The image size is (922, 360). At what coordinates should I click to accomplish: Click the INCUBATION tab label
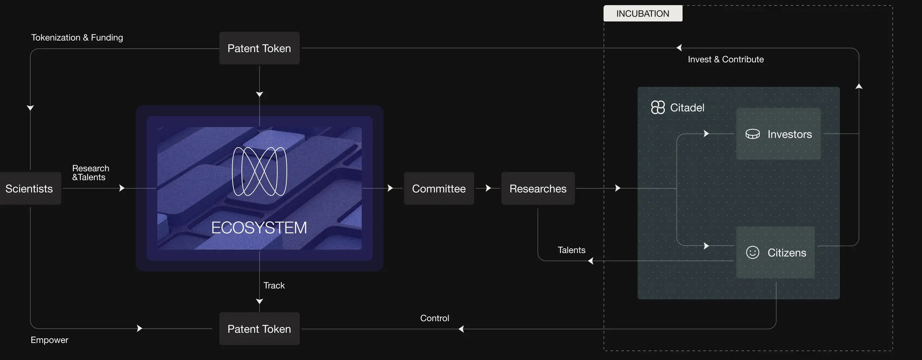pyautogui.click(x=642, y=14)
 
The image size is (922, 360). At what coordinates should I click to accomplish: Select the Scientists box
pyautogui.click(x=29, y=189)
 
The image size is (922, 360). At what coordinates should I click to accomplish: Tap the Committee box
pyautogui.click(x=439, y=189)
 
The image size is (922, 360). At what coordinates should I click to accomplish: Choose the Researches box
pyautogui.click(x=537, y=189)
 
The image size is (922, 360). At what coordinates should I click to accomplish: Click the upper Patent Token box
pyautogui.click(x=259, y=48)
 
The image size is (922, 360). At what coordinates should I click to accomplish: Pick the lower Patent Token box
pyautogui.click(x=259, y=329)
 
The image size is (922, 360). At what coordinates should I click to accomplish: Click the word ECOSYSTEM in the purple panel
pyautogui.click(x=259, y=228)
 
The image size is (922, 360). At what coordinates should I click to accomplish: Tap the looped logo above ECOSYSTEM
pyautogui.click(x=260, y=171)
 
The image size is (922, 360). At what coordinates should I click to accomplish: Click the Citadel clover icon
pyautogui.click(x=657, y=107)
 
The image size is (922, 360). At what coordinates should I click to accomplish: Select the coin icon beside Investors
pyautogui.click(x=752, y=134)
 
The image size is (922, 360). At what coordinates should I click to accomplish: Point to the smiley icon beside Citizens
pyautogui.click(x=752, y=252)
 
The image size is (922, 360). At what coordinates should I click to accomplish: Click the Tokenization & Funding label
pyautogui.click(x=77, y=37)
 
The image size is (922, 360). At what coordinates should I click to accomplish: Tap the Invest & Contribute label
pyautogui.click(x=725, y=59)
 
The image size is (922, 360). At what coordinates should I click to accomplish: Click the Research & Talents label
pyautogui.click(x=91, y=173)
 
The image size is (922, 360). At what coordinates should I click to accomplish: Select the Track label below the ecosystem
pyautogui.click(x=274, y=285)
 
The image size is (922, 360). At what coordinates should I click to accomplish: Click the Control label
pyautogui.click(x=434, y=318)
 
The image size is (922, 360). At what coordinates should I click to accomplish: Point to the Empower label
pyautogui.click(x=49, y=340)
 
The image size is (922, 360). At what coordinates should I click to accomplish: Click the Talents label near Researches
pyautogui.click(x=571, y=250)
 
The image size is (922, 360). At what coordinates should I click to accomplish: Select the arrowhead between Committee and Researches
pyautogui.click(x=488, y=188)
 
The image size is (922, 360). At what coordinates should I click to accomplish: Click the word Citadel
pyautogui.click(x=687, y=108)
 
